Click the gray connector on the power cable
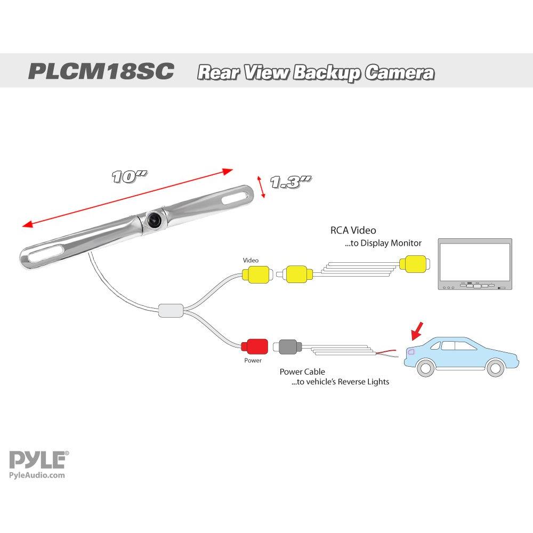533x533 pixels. point(288,347)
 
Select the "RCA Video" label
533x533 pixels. point(353,230)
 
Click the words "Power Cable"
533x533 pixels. point(302,372)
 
